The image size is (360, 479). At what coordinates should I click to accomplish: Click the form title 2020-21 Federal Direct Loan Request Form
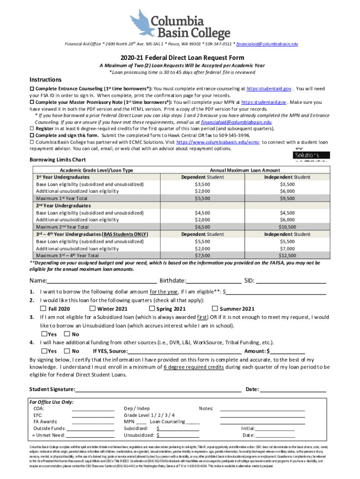[x=180, y=58]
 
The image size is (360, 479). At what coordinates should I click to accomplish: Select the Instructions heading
[x=45, y=80]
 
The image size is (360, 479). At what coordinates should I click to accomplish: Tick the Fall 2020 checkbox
[x=43, y=309]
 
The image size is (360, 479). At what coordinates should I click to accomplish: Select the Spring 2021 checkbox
[x=151, y=309]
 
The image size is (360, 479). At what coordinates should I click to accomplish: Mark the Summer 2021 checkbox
[x=215, y=309]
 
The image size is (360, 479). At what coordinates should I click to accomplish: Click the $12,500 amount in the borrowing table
[x=287, y=256]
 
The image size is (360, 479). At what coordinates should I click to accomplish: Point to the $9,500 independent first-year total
[x=287, y=198]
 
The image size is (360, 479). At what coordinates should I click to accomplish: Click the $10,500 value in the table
[x=287, y=227]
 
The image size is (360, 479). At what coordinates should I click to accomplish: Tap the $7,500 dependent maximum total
[x=202, y=256]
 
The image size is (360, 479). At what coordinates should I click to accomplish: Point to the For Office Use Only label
[x=51, y=402]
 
